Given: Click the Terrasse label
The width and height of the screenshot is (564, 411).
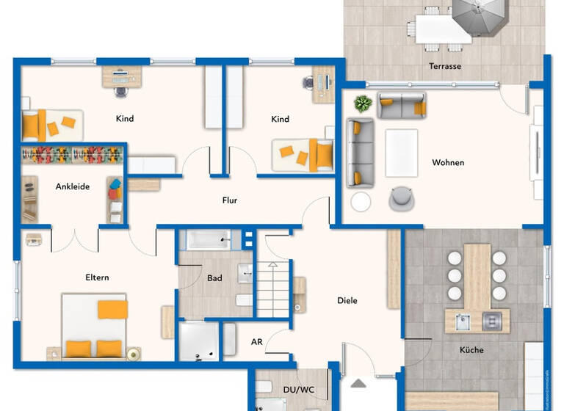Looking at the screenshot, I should point(445,67).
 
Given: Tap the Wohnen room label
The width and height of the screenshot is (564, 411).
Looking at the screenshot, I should point(448,163).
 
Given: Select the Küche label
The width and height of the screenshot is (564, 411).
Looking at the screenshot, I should point(471,350).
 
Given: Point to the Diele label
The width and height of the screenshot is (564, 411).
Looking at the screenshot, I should point(347,301).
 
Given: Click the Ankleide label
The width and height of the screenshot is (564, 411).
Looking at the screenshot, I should point(72,186).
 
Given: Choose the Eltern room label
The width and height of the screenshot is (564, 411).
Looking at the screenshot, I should point(97,277).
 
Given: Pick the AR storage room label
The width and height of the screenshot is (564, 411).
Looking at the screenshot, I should point(256,342).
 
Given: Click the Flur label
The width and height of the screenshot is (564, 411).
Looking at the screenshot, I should point(230,200).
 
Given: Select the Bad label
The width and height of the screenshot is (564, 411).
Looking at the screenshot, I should point(214,278).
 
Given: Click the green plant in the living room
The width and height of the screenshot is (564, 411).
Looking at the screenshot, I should point(362,103).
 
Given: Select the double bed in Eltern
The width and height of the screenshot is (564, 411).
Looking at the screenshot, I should point(93,326).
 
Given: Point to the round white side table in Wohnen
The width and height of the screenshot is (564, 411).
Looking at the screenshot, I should point(361,202).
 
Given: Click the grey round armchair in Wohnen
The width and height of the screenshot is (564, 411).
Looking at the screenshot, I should point(401,197).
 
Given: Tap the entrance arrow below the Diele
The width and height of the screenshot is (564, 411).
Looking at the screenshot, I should point(358,382).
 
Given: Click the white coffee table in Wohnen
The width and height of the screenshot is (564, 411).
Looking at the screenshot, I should point(401,153).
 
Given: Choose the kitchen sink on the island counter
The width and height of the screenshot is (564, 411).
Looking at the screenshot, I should point(463,320).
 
